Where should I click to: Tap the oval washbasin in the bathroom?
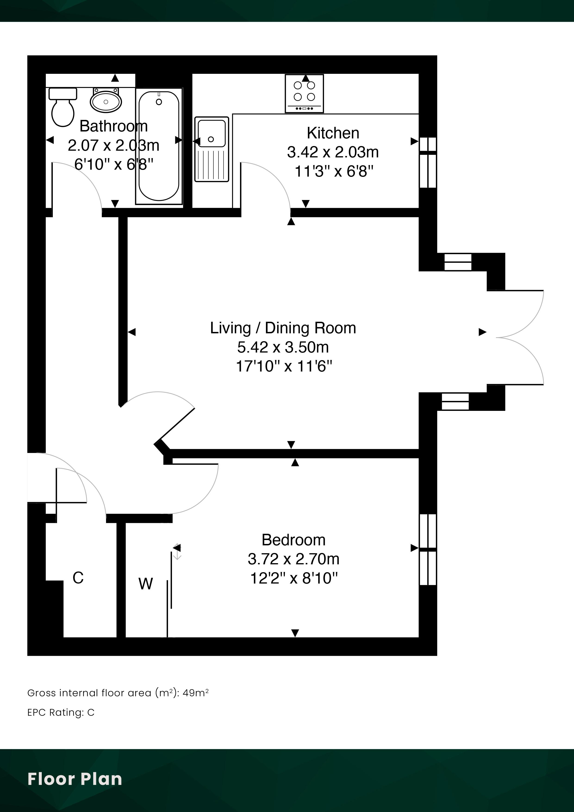[106, 101]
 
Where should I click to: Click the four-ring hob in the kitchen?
[304, 93]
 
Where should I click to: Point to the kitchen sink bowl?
[211, 133]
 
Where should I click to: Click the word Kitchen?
[333, 133]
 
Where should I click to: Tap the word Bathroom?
[113, 126]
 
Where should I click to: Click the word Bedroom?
[293, 540]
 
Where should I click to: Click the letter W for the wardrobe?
[146, 584]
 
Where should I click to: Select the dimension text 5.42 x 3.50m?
[283, 347]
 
